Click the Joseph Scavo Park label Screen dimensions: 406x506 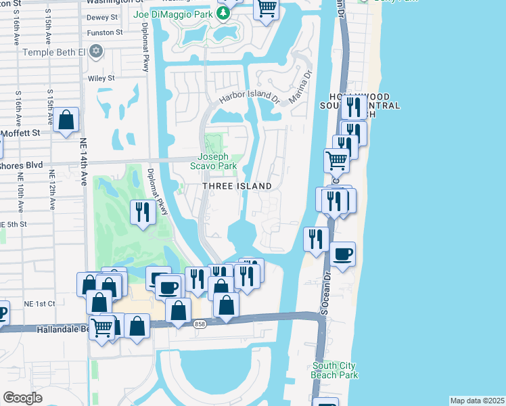(x=217, y=160)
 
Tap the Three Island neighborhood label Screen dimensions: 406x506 (x=237, y=186)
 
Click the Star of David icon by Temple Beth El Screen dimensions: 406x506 (x=96, y=51)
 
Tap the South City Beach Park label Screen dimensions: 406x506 (x=334, y=370)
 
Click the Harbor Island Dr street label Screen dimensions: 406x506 (x=248, y=99)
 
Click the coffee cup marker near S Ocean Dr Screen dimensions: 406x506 (x=343, y=254)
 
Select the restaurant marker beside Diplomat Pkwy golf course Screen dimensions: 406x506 (x=143, y=212)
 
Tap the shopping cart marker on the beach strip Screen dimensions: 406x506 (x=336, y=160)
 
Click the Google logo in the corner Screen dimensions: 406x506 (x=22, y=397)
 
